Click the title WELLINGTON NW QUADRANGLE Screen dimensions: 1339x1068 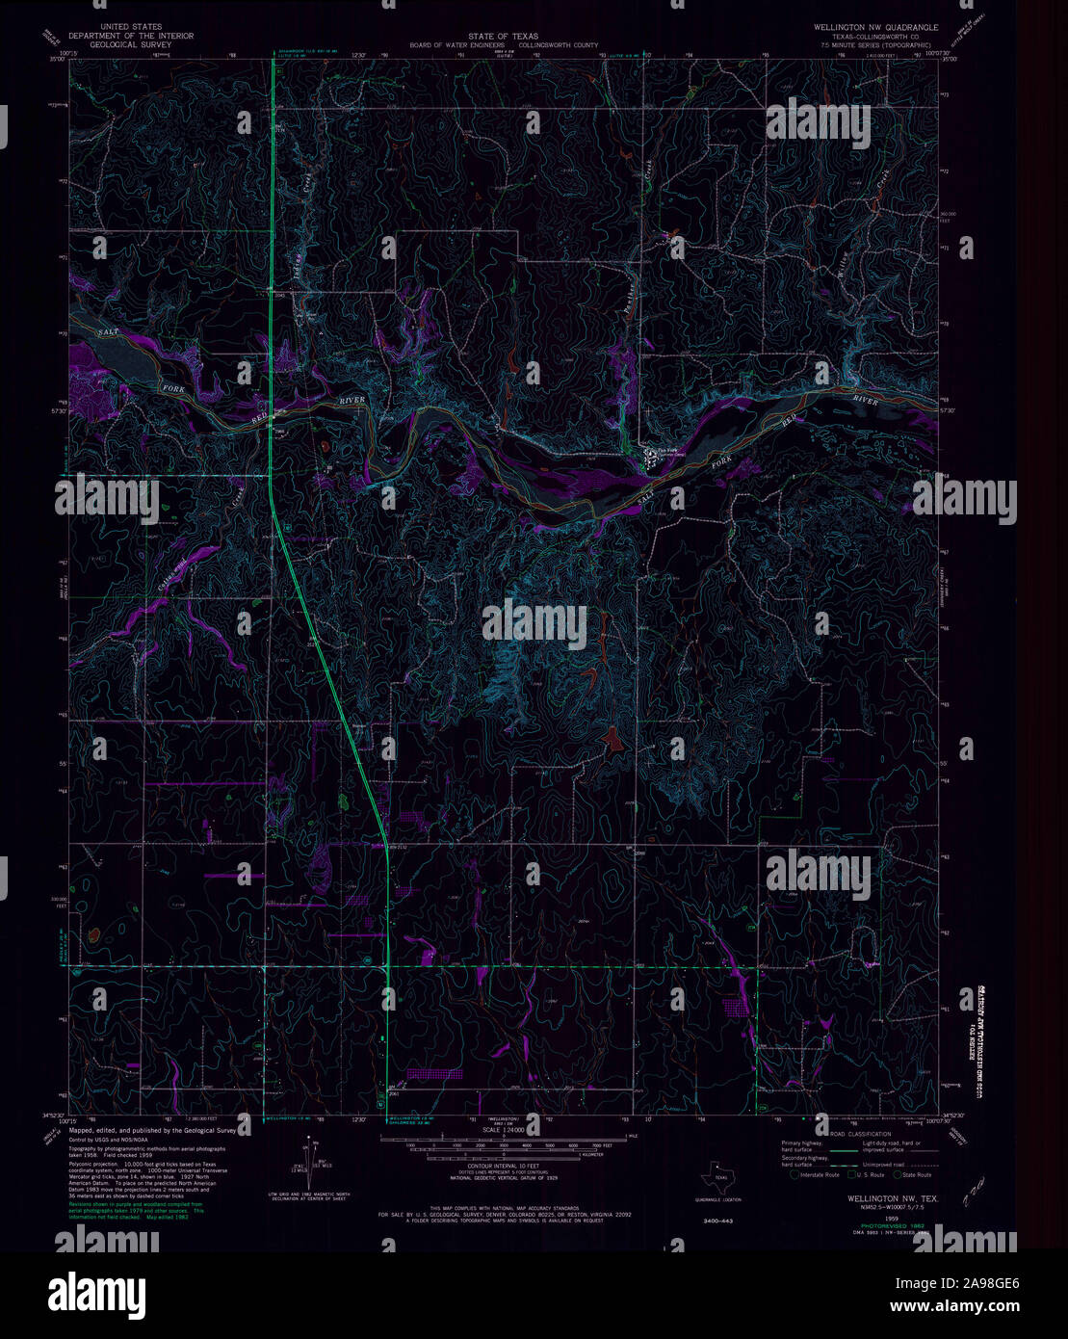pos(872,28)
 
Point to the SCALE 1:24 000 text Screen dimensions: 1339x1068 pos(509,1156)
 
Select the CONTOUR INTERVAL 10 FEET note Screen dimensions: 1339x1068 pos(509,1167)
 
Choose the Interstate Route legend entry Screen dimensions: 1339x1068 pos(816,1174)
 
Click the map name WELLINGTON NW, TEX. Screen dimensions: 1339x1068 pos(881,1199)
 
